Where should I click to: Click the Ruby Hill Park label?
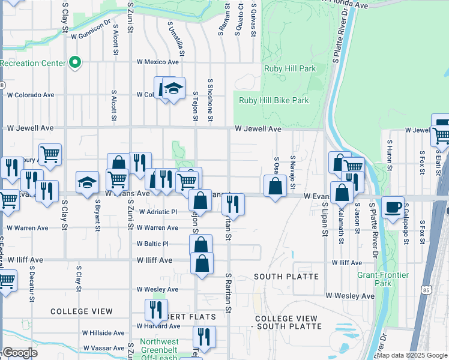(x=290, y=68)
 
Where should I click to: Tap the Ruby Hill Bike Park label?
(x=274, y=100)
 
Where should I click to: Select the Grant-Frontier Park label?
(x=383, y=279)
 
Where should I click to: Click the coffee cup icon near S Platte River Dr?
(x=393, y=208)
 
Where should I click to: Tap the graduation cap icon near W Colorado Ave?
(x=173, y=89)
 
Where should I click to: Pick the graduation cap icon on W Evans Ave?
(x=87, y=183)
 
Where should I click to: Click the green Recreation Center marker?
(x=75, y=62)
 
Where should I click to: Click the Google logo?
(x=19, y=353)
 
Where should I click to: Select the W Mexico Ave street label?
(x=158, y=62)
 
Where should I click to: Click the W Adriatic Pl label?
(x=158, y=212)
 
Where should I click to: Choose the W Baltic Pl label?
(x=152, y=244)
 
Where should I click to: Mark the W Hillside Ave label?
(x=103, y=333)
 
